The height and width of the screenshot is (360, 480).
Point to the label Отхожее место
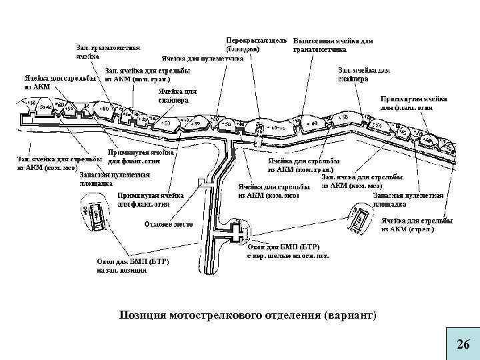tap(169, 224)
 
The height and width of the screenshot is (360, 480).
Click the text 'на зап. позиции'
tap(121, 270)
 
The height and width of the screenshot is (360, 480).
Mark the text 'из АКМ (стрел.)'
tap(407, 229)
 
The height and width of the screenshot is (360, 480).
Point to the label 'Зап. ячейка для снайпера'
tap(364, 73)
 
